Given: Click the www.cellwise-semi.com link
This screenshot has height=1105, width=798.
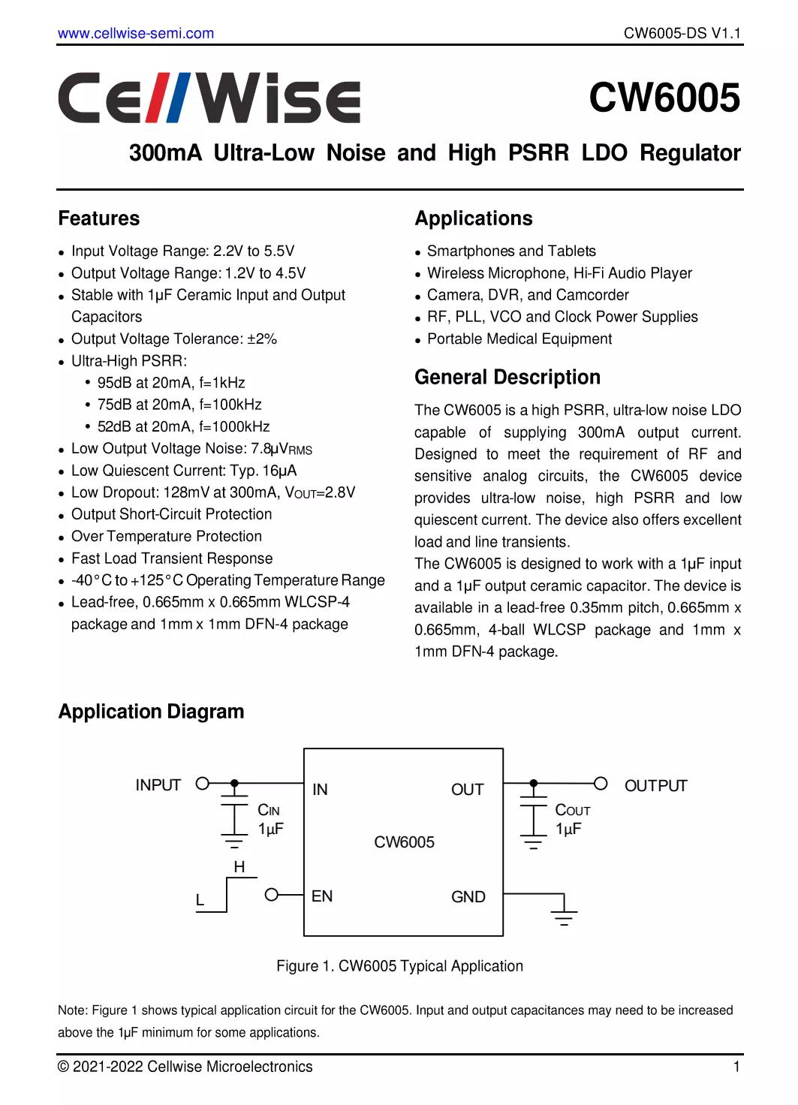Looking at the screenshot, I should point(136,33).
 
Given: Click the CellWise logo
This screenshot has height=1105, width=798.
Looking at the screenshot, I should point(209,98).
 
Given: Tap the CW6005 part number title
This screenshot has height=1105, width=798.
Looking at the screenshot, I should point(664,98).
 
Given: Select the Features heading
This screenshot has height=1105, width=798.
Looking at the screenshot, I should point(99,218).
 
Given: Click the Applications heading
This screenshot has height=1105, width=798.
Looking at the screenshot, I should point(474,218).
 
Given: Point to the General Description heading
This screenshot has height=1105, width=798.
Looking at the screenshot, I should point(507,377).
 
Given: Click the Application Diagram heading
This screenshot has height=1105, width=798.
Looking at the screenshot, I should point(151,712).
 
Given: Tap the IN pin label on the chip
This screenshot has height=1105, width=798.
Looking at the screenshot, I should point(321,789).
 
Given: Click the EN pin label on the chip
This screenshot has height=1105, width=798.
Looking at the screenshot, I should point(322,896).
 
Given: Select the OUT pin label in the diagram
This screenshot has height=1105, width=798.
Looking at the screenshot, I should point(467,790).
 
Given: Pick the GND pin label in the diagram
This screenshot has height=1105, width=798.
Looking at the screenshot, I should point(468,897).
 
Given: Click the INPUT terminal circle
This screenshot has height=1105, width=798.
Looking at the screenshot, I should point(202,784).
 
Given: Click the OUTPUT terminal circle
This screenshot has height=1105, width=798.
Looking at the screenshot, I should point(601,784).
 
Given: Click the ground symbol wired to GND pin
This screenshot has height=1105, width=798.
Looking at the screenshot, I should point(564,914).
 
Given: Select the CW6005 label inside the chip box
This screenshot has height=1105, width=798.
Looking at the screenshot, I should point(404,842).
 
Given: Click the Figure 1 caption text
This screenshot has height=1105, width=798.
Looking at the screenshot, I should point(399,966).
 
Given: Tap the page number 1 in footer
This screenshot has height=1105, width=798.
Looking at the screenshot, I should point(737,1067).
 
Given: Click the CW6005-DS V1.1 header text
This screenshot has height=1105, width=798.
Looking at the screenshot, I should point(682,33).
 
